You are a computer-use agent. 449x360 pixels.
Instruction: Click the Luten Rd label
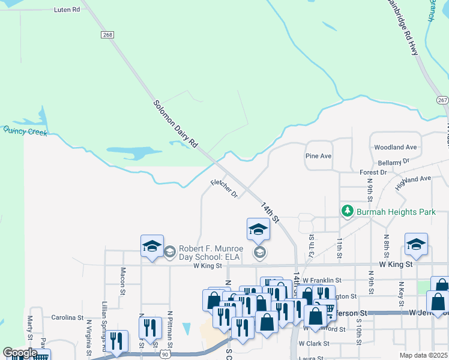(x=67, y=10)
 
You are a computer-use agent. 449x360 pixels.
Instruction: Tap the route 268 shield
(x=107, y=35)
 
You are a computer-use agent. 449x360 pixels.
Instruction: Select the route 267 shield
(x=442, y=100)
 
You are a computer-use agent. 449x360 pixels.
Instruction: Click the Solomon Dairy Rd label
(x=175, y=124)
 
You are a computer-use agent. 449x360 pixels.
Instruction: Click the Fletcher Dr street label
(x=224, y=188)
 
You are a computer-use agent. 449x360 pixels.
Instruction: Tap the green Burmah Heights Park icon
(x=347, y=211)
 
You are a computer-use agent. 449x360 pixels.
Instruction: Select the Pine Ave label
(x=318, y=156)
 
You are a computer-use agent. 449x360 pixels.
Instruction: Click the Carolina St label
(x=67, y=317)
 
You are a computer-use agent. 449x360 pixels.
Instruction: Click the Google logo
(x=20, y=353)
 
